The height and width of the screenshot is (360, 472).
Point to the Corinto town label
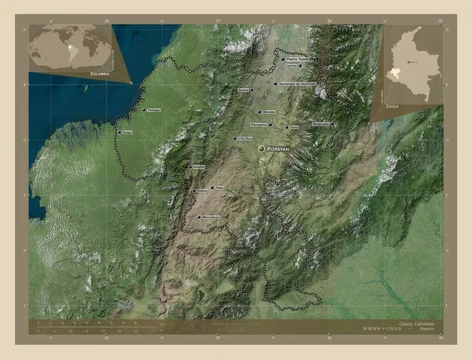click(x=293, y=67)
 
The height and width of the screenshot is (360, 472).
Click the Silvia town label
click(x=295, y=126)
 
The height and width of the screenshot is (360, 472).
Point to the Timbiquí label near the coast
click(x=153, y=110)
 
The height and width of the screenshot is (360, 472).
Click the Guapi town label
click(x=127, y=132)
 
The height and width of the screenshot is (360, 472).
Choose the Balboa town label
click(x=203, y=191)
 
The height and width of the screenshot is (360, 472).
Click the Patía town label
click(x=220, y=187)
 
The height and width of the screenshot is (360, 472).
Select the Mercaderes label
click(x=210, y=216)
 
